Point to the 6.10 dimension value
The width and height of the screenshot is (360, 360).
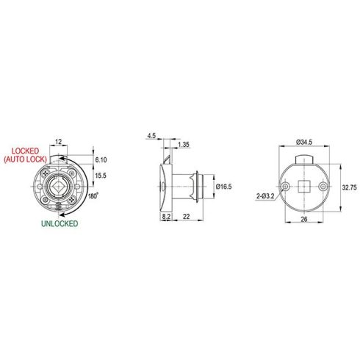[101, 159]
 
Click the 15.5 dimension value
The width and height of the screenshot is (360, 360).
[101, 176]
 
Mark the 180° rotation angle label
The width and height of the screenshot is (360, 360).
[93, 197]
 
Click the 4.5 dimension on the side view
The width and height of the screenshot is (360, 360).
[151, 136]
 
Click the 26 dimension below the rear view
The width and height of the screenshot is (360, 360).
[303, 228]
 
